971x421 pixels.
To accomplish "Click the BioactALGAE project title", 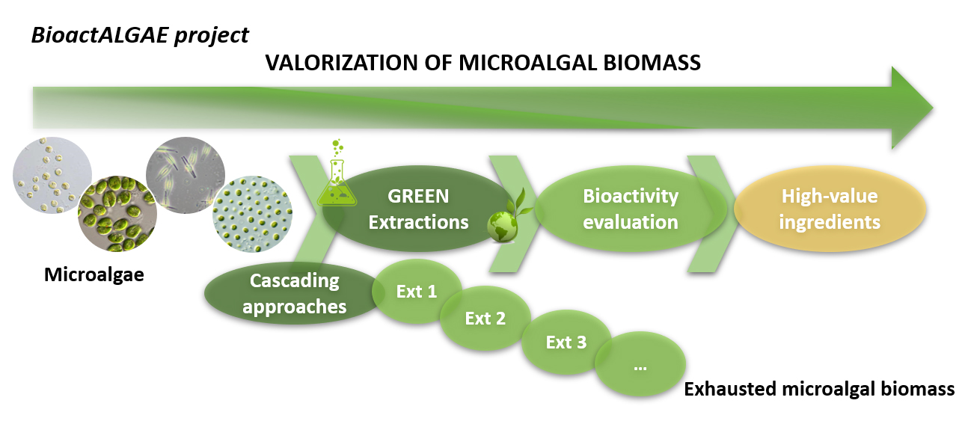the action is click(x=140, y=35).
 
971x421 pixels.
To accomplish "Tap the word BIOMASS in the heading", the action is click(x=652, y=63).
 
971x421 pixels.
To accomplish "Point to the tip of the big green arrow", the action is click(x=933, y=108).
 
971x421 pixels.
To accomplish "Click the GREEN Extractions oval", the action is click(x=418, y=209).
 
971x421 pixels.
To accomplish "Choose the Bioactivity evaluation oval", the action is click(x=631, y=209).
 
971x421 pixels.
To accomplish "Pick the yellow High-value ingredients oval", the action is click(x=830, y=209).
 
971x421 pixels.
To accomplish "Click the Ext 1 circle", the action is click(x=417, y=292).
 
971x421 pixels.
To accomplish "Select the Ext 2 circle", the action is click(x=485, y=319).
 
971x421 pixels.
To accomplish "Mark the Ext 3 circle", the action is click(x=566, y=342).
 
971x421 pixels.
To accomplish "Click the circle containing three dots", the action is click(x=640, y=364).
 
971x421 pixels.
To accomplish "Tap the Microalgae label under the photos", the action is click(x=94, y=274).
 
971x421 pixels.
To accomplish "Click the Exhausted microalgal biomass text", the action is click(x=819, y=389).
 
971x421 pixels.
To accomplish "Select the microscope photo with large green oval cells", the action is click(x=117, y=214).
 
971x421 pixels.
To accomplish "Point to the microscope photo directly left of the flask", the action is click(x=252, y=214).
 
